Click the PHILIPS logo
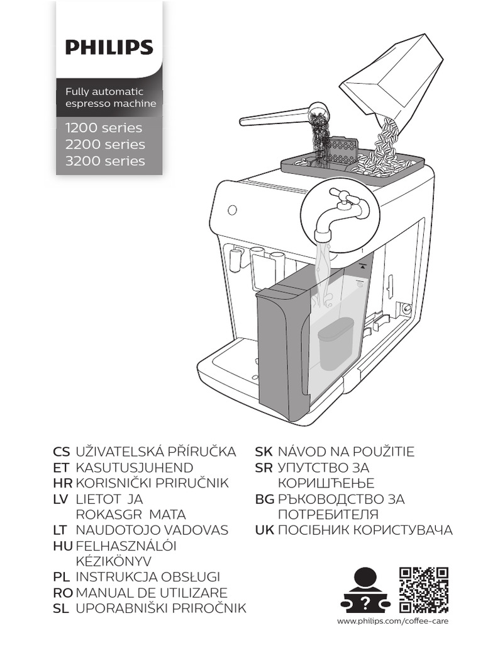coord(109,47)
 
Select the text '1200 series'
coord(104,128)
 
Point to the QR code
coord(424,590)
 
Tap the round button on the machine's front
coord(231,209)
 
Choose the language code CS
coord(62,452)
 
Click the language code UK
coord(264,530)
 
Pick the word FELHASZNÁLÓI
coord(126,545)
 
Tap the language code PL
coord(61,577)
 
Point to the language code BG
coord(264,499)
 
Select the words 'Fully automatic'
coord(105,92)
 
